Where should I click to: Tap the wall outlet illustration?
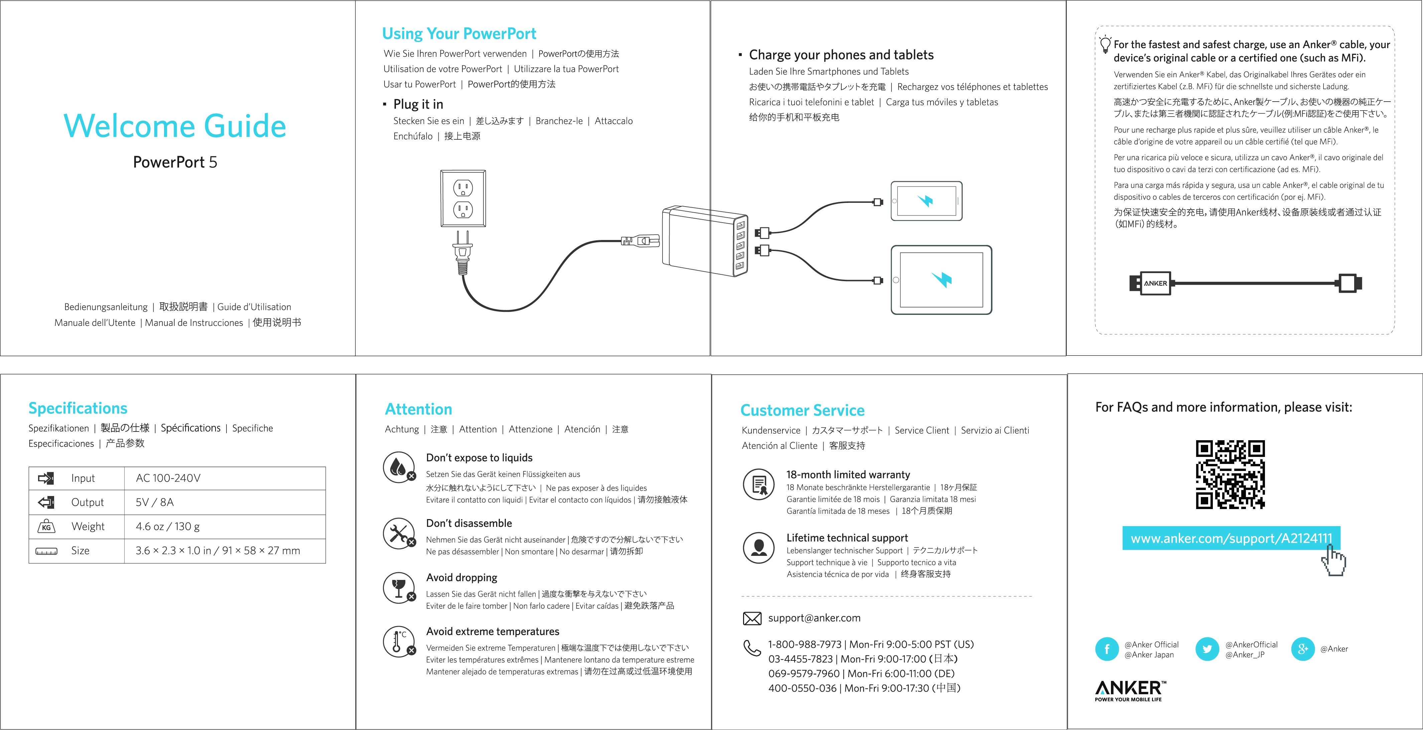[463, 199]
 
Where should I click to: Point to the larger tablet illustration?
[941, 280]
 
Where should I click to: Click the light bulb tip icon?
[1105, 44]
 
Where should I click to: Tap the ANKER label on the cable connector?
[1155, 283]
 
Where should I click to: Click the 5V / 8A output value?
[155, 502]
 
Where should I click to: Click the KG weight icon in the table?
[46, 527]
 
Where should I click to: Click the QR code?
[1230, 474]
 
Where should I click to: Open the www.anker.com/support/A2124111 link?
[1231, 538]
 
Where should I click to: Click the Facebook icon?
[1107, 649]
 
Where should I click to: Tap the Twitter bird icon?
[1207, 649]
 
